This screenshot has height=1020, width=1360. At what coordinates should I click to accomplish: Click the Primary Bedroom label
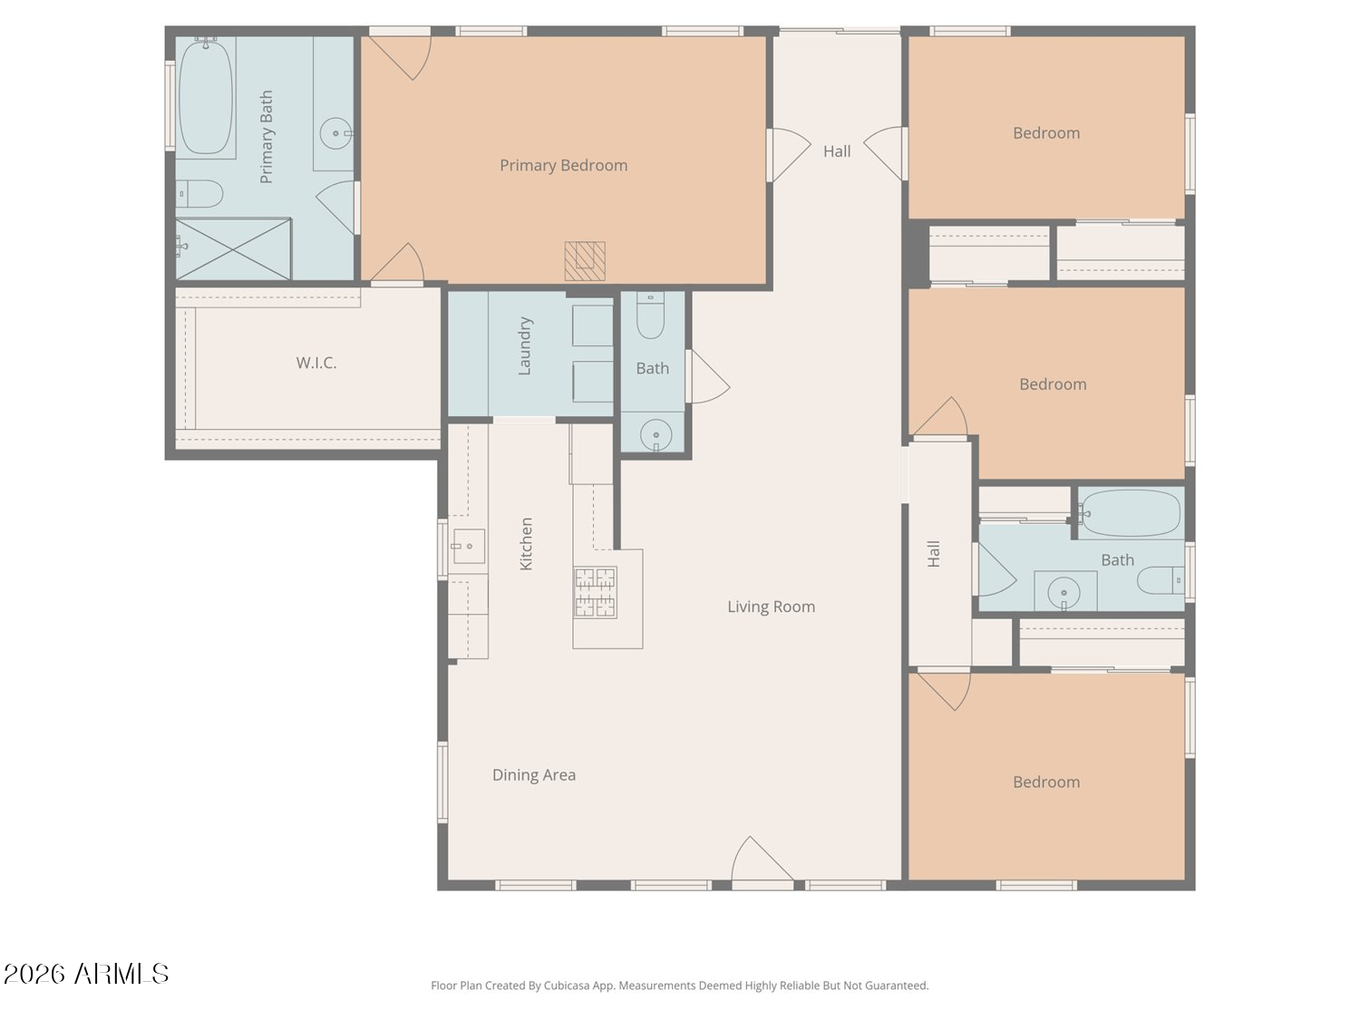click(563, 165)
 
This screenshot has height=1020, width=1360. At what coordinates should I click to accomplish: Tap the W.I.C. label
click(316, 363)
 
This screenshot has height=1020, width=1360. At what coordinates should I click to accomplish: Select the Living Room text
click(771, 607)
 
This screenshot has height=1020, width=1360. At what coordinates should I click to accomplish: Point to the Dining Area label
click(533, 775)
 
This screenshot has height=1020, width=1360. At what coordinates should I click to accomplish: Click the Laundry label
click(524, 346)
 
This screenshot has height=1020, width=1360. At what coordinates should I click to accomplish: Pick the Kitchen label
click(525, 544)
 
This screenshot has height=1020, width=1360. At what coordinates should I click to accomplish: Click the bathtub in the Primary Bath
click(206, 97)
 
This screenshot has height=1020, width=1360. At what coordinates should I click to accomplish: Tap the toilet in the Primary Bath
click(199, 194)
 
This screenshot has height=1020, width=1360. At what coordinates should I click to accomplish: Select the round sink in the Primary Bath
click(335, 133)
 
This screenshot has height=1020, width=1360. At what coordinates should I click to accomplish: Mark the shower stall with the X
click(234, 248)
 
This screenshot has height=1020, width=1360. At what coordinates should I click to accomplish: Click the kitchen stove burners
click(596, 593)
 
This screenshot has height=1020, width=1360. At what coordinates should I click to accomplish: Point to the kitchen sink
click(469, 546)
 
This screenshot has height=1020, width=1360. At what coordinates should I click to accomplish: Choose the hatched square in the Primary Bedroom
click(584, 261)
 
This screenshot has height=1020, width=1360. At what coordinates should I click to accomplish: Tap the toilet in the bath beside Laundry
click(650, 316)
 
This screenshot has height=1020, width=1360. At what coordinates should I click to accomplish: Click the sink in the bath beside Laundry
click(656, 435)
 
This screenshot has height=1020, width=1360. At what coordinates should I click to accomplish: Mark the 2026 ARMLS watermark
click(86, 974)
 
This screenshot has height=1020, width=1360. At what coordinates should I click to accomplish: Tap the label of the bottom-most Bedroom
click(1046, 782)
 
